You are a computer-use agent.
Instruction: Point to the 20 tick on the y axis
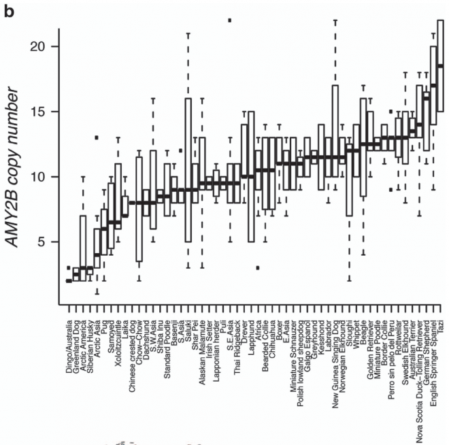tap(42, 46)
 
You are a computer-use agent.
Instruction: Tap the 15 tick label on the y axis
tap(42, 112)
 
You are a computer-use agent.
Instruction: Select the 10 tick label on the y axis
tap(42, 177)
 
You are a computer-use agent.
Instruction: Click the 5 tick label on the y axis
tap(46, 242)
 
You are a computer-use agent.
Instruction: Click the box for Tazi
tap(440, 66)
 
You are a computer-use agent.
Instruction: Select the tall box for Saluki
tap(188, 170)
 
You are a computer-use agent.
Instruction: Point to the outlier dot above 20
tap(229, 20)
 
